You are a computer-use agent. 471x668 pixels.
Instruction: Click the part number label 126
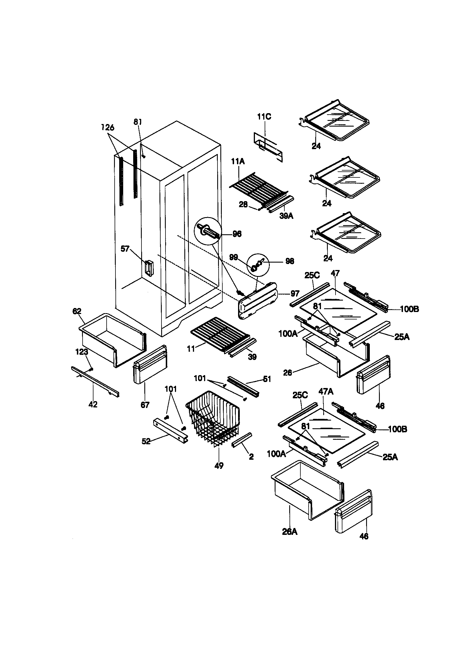pos(108,127)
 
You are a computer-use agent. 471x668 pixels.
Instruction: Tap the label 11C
pos(264,117)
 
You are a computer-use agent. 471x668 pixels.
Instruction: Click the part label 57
pos(125,249)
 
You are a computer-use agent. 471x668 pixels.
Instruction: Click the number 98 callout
pos(289,261)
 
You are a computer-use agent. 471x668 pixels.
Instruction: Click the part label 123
pos(82,352)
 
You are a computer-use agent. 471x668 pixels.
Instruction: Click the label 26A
pos(290,531)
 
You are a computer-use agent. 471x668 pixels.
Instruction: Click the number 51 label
pos(267,379)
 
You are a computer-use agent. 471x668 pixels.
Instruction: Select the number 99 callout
pos(233,257)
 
